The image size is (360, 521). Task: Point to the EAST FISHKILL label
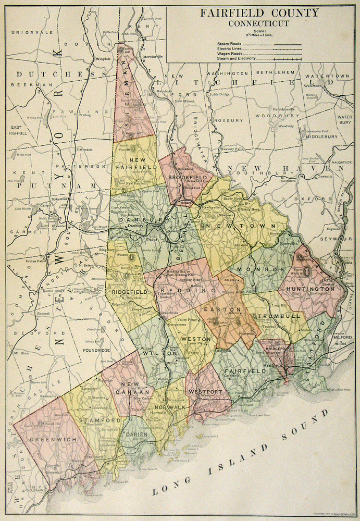pyautogui.click(x=19, y=130)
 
